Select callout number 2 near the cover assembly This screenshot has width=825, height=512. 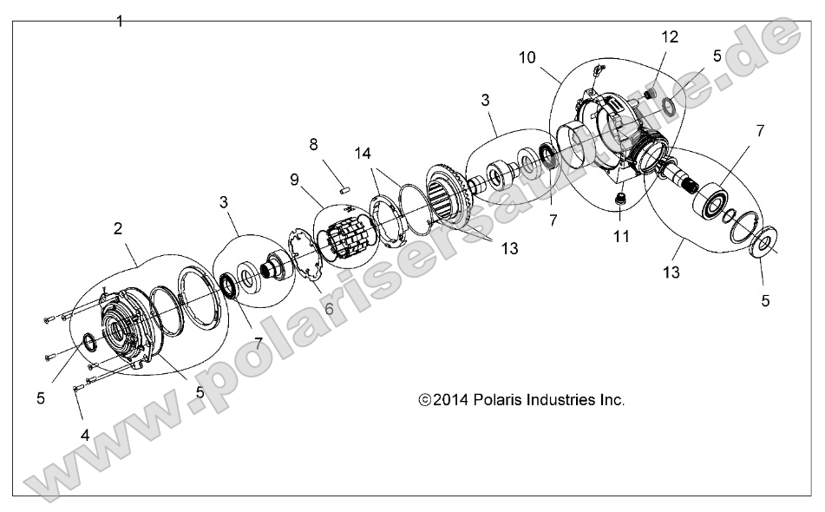coord(118,229)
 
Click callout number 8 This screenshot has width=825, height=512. coord(313,142)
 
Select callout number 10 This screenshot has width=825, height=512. coord(527,57)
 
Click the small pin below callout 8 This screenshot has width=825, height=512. coord(343,183)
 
